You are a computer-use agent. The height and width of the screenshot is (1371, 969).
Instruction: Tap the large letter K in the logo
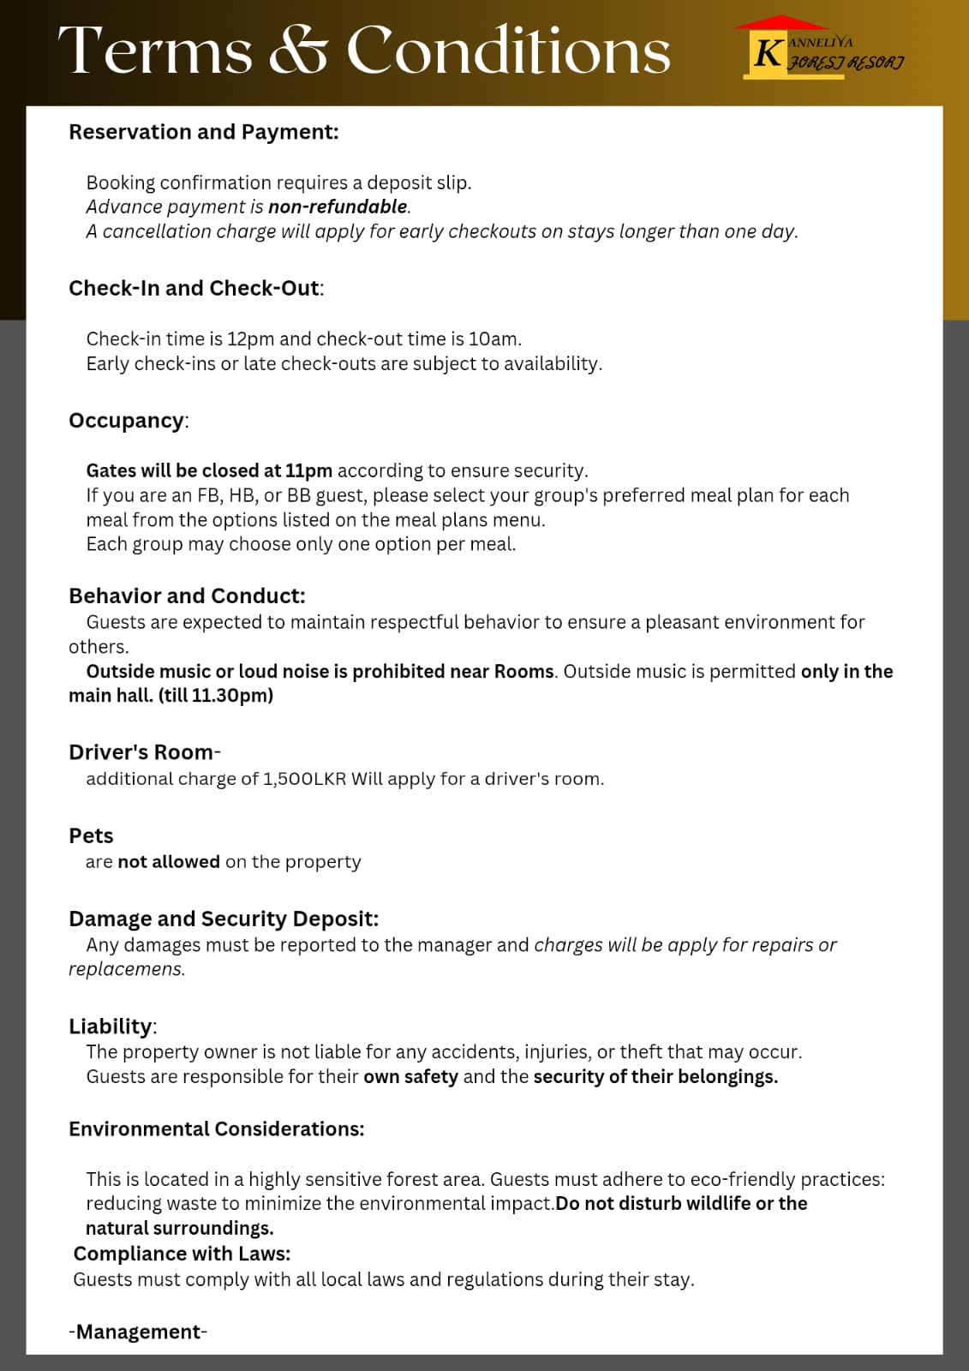767,53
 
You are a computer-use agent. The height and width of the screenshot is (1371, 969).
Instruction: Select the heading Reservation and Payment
204,132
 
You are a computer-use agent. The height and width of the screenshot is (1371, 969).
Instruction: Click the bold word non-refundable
338,207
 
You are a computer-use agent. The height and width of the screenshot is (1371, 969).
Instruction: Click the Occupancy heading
127,421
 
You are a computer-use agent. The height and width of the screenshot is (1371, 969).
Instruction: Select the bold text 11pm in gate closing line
308,470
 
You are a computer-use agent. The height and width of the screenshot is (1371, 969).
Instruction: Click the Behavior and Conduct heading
187,596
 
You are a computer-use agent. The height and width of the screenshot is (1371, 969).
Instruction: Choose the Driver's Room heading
141,752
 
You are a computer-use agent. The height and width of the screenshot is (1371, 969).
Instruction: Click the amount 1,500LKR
304,779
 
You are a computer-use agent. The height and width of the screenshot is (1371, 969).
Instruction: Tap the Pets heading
91,836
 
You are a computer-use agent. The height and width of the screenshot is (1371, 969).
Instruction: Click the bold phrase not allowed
169,862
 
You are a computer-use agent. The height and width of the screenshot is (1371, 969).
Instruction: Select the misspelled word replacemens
126,969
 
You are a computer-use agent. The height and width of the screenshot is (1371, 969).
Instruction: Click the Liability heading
111,1027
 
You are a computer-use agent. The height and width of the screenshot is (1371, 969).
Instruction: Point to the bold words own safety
410,1076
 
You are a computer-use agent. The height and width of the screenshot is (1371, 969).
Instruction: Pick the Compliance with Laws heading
182,1254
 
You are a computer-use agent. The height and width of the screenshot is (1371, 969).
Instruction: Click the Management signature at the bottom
138,1332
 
